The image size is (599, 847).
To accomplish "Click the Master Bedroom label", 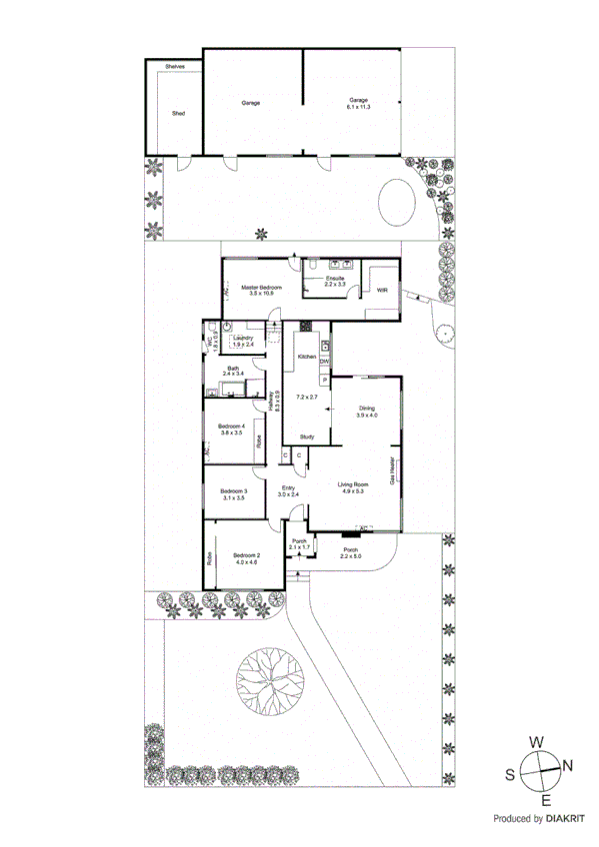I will [262, 288].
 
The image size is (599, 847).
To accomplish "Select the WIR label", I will [382, 290].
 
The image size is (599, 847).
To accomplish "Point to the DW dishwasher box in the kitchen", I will [324, 362].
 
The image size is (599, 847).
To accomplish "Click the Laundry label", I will [242, 338].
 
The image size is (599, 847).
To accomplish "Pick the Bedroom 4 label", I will [232, 427].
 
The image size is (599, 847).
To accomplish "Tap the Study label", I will [307, 436].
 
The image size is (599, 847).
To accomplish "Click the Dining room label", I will [367, 409].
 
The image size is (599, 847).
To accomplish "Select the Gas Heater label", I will [391, 467].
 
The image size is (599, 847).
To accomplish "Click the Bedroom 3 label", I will [234, 491].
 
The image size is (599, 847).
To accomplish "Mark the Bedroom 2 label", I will [246, 555].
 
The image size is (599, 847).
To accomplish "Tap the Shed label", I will [178, 114].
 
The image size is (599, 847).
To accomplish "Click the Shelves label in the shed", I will [175, 67].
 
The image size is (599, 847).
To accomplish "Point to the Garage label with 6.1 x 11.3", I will [358, 101].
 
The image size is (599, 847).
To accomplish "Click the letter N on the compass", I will [567, 766].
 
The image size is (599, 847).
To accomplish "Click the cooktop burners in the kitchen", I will [306, 326].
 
